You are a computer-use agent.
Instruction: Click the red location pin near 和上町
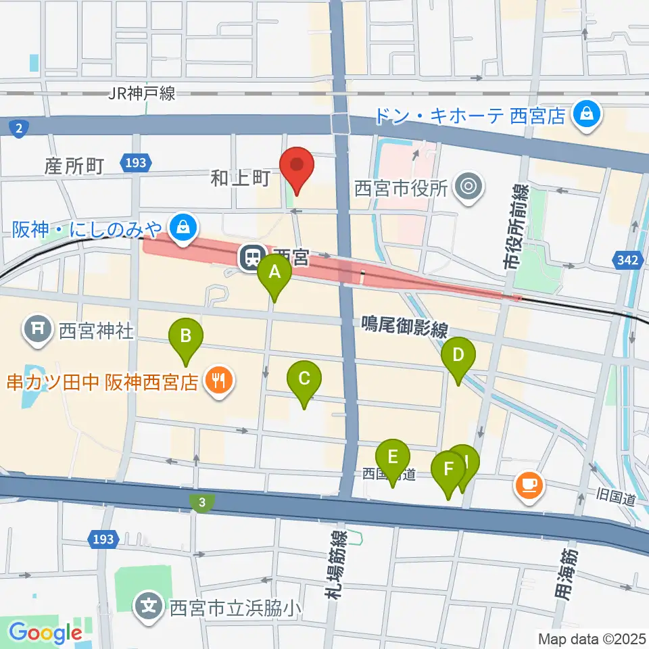click(x=297, y=166)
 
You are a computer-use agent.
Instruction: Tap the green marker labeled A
click(x=274, y=273)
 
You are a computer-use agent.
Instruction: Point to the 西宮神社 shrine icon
click(x=38, y=330)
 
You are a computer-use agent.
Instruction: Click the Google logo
click(x=45, y=633)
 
